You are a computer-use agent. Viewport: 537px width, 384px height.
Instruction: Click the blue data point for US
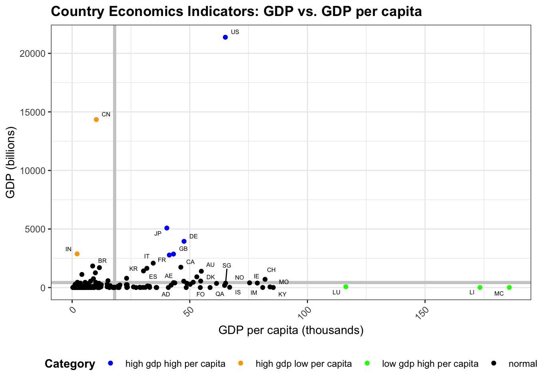[225, 37]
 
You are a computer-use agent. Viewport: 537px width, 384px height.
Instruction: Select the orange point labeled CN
[96, 120]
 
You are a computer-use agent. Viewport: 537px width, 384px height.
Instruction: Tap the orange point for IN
[77, 254]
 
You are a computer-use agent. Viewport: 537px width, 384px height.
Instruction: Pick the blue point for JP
[167, 228]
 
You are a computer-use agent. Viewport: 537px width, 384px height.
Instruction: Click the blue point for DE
[184, 241]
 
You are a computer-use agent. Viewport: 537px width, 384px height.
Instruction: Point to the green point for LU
[346, 287]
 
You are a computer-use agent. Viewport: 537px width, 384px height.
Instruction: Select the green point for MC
[509, 288]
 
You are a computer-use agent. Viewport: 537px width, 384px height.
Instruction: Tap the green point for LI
[480, 288]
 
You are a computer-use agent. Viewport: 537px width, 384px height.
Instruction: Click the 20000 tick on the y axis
[32, 54]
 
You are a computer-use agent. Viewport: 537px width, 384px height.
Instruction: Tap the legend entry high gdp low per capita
[304, 364]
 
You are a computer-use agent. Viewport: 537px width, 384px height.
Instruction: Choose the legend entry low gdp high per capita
[430, 364]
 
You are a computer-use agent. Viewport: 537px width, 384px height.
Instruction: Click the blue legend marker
[111, 363]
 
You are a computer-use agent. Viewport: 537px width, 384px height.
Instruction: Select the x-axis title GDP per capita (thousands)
[291, 330]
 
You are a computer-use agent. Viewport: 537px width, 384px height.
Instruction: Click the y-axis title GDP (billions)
[10, 162]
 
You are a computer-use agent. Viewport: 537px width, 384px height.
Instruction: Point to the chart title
[236, 12]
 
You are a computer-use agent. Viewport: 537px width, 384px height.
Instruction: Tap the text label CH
[271, 270]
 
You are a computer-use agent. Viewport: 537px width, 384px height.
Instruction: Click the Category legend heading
[70, 364]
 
